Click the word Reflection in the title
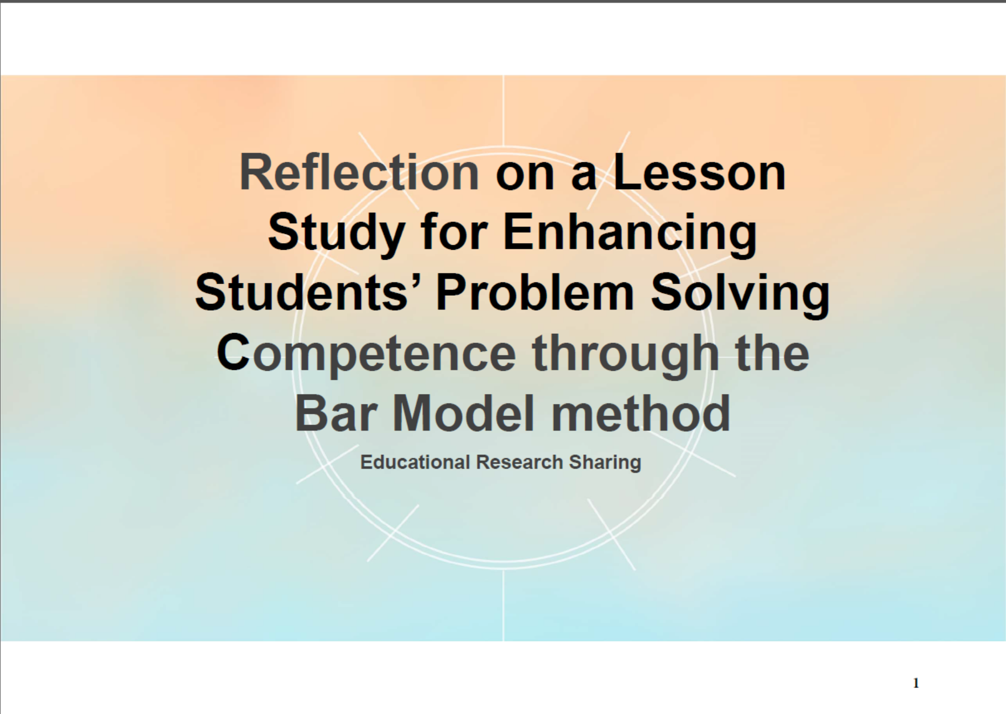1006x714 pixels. point(359,172)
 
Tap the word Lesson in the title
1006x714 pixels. point(699,172)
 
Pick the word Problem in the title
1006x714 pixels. point(535,292)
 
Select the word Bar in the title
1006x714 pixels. point(336,413)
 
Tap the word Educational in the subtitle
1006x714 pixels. point(415,462)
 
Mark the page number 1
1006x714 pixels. point(916,684)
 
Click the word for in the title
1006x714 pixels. point(454,233)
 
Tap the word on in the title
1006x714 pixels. point(525,177)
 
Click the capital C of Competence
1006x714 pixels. point(233,353)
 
